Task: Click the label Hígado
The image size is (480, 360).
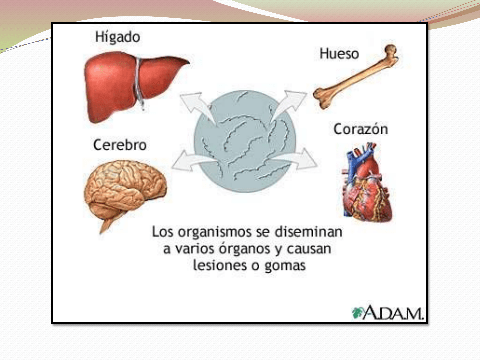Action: coord(117,37)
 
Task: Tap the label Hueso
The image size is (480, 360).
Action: coord(339,54)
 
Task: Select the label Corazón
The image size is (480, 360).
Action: coord(361,129)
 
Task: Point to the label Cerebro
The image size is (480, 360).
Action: coord(120,145)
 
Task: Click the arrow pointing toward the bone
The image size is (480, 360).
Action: coord(289,105)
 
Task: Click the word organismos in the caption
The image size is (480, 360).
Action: coord(215,232)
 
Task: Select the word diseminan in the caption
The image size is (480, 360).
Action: coord(309,232)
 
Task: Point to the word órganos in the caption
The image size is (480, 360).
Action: coord(244,249)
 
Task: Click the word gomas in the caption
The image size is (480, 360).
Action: coord(285,266)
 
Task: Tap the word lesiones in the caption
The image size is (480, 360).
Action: coord(220,265)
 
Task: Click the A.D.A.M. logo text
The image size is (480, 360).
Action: coord(393,313)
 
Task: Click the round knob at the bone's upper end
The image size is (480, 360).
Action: coord(391,50)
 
